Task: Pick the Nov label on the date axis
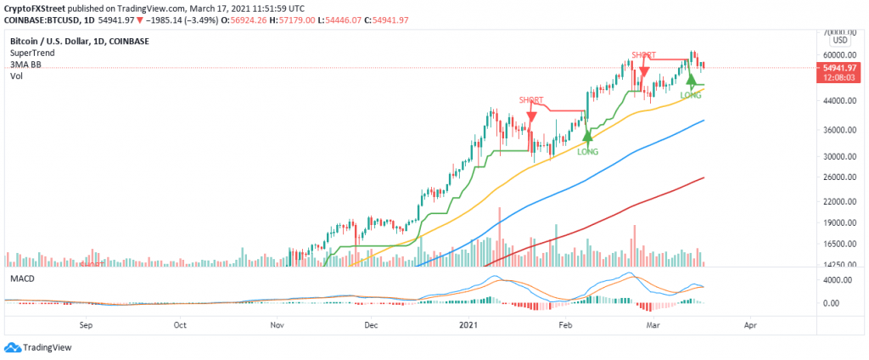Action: coord(276,324)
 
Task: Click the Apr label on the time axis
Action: coord(749,324)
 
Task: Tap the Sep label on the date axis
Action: coord(85,324)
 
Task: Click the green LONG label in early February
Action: coord(588,152)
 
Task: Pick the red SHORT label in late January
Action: coord(531,100)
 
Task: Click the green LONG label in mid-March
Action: coord(692,95)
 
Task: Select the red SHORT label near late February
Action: coord(644,54)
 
